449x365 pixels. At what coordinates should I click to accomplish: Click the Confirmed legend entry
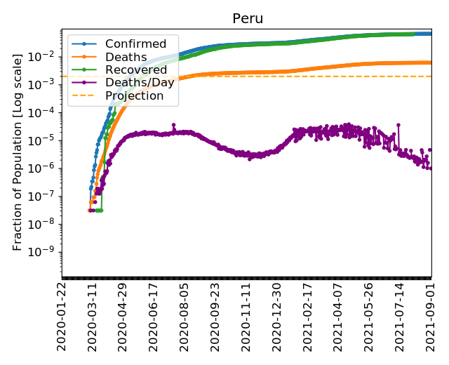click(130, 44)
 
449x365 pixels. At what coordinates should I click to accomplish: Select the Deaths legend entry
click(121, 57)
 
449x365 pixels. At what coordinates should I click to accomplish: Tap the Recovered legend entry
click(131, 69)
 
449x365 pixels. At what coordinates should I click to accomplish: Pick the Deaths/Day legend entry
click(133, 83)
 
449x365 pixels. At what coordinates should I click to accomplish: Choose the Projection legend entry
click(129, 95)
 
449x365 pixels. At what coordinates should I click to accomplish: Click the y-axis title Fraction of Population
click(18, 150)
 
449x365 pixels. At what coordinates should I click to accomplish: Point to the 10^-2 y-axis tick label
click(45, 56)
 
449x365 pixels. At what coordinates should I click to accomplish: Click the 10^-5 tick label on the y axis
click(45, 140)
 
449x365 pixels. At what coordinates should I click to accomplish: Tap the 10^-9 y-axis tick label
click(45, 252)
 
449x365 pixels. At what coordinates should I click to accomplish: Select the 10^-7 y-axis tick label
click(45, 196)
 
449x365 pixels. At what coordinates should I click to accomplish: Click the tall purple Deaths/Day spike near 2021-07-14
click(398, 125)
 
